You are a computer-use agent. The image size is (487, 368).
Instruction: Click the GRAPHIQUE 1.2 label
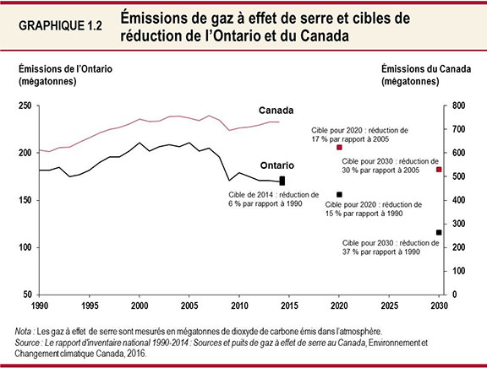60,26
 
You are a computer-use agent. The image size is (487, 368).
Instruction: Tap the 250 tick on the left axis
25,106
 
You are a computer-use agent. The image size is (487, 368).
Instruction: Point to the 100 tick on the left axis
25,247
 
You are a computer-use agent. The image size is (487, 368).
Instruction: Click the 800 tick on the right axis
458,106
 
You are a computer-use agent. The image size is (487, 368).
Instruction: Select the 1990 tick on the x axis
39,305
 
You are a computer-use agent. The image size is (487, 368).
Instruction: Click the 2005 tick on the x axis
189,305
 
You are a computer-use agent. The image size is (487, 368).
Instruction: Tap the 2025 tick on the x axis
390,305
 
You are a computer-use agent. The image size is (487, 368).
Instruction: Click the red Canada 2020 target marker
339,147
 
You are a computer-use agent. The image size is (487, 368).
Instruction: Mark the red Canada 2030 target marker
439,170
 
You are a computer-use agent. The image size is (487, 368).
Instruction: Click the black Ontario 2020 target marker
339,194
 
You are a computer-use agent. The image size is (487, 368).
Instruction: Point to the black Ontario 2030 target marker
439,232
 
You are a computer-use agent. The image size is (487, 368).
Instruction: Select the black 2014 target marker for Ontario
282,181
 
